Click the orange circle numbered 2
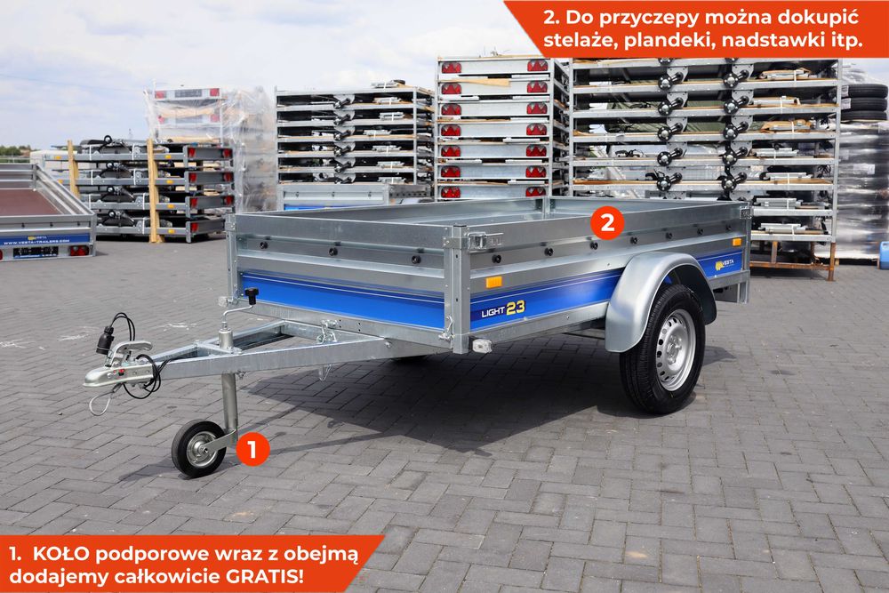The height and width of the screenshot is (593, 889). click(607, 223)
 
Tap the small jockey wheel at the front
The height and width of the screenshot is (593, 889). click(197, 448)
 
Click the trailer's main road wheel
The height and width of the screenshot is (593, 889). click(662, 349)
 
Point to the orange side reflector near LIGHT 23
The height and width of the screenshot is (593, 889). click(493, 282)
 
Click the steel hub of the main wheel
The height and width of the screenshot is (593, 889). click(675, 349)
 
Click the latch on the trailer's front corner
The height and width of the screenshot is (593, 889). click(481, 239)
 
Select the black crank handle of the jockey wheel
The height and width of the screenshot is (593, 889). click(252, 295)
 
